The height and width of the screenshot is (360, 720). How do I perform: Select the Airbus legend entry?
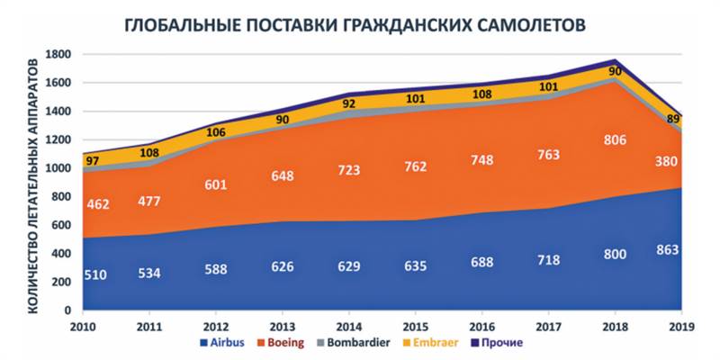coord(225,343)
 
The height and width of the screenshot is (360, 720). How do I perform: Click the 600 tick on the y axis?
coord(61,225)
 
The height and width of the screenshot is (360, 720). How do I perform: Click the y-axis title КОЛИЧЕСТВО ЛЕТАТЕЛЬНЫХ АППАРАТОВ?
coord(33,184)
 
